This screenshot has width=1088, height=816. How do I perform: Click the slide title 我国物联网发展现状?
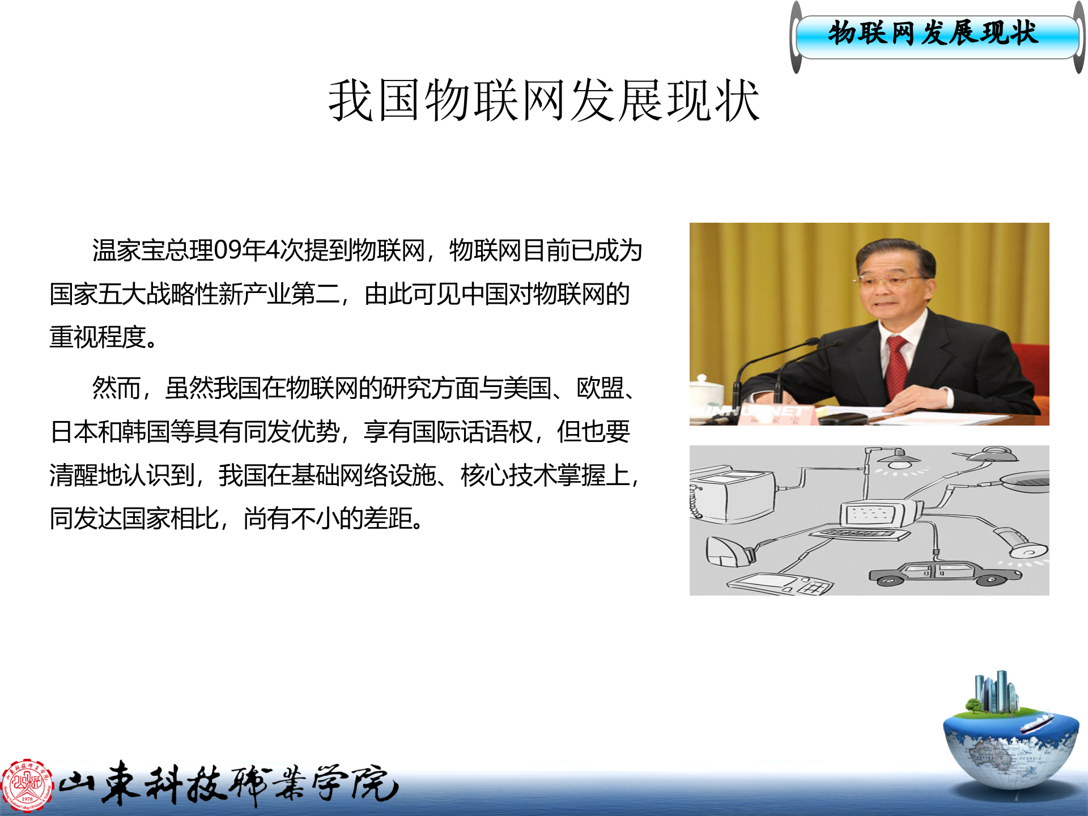(x=543, y=101)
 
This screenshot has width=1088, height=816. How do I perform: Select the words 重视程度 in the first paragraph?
(x=98, y=337)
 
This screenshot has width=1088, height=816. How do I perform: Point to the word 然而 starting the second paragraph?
(x=116, y=388)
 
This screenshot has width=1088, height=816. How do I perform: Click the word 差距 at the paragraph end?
(x=388, y=518)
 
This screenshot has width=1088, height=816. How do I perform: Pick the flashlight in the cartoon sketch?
(x=1020, y=543)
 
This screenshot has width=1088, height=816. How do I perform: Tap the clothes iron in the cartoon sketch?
(x=728, y=551)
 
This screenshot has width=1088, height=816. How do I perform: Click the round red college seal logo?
(x=27, y=785)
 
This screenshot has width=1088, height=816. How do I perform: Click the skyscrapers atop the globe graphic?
(x=994, y=691)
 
